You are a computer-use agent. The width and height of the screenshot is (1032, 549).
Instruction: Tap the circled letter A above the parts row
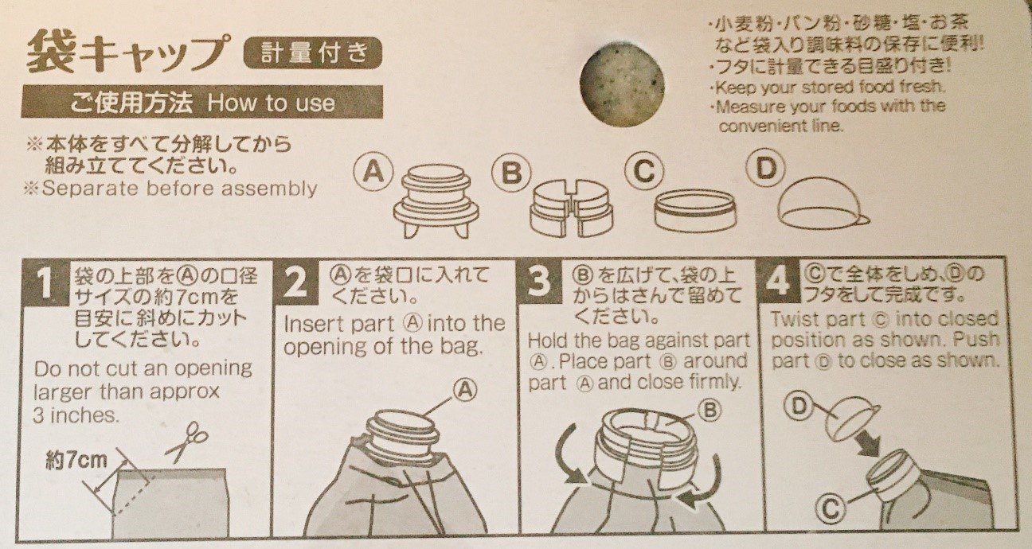(x=373, y=173)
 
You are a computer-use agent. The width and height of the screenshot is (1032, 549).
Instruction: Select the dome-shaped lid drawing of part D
(x=823, y=202)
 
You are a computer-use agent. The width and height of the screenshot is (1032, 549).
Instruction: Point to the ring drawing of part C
(x=695, y=210)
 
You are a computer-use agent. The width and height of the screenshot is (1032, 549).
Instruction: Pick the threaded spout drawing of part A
(x=436, y=201)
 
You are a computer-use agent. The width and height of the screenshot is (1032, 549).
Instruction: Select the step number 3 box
(x=540, y=282)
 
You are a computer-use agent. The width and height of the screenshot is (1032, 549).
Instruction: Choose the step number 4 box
(x=779, y=281)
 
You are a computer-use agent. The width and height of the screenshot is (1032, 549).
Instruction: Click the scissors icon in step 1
(x=187, y=442)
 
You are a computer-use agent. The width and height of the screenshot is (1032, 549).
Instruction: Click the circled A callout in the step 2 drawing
(x=465, y=390)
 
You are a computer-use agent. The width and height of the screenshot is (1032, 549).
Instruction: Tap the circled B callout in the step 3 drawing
(x=710, y=409)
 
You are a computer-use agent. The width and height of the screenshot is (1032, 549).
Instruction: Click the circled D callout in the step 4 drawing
(x=799, y=407)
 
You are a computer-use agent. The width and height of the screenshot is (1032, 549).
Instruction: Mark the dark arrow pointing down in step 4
(x=866, y=442)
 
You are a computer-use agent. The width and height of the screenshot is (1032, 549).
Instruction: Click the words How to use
(x=271, y=103)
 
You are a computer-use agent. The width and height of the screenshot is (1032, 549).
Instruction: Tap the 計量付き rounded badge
(x=313, y=53)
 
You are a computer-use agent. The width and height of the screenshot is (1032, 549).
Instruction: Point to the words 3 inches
(x=76, y=415)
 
